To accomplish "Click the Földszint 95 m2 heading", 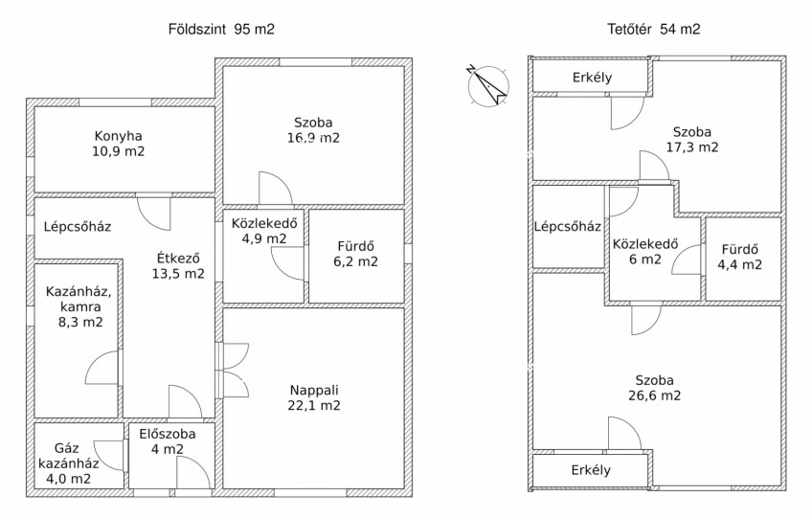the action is pos(221,29).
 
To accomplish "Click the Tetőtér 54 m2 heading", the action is pos(654,29).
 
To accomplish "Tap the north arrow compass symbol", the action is pos(487,85).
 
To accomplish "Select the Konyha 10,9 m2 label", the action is pos(119,144).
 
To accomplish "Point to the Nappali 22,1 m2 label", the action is pos(314,397).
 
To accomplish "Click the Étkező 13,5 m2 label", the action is pos(178,265).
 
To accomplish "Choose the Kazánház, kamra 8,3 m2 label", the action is pos(79,306).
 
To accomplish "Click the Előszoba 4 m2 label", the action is pos(168,441).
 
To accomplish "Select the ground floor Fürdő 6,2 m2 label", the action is pos(356,254).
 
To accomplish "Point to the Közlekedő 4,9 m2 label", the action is pos(264,231).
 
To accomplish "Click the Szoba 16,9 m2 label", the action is pos(313,130).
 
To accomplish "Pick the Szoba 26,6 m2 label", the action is pos(655,388).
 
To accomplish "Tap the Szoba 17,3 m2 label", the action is pos(692,140).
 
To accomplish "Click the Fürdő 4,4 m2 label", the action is pos(739,257).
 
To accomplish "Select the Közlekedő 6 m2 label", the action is pos(645,251).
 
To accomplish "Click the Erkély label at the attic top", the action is pos(593,78).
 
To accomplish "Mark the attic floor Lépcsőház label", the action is pos(568,226).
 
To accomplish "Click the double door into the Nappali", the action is pos(232,371).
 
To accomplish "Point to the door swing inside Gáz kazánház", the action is pos(110,455).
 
